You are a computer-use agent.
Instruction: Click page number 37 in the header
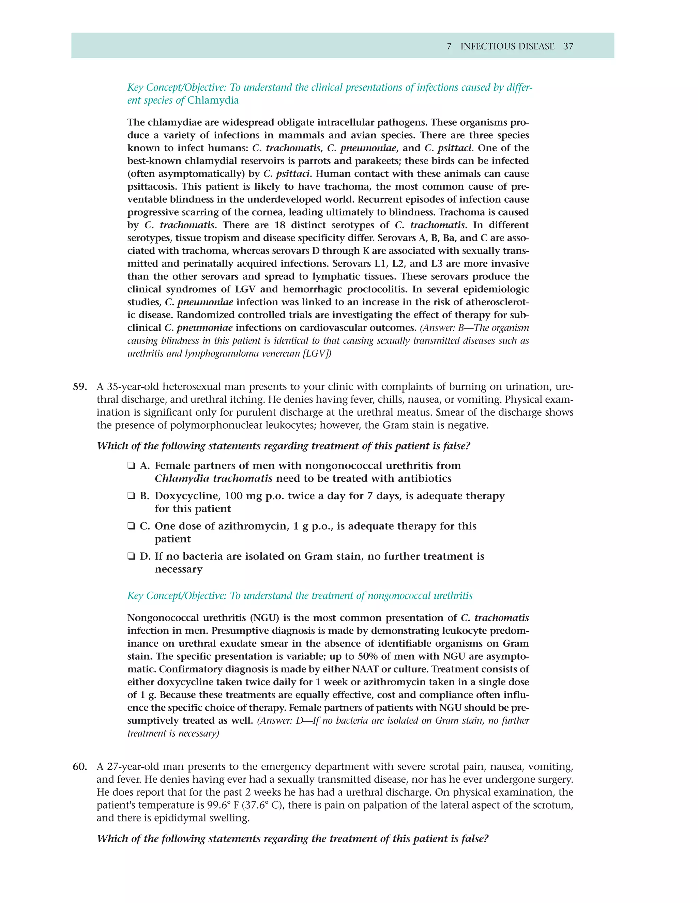pos(568,46)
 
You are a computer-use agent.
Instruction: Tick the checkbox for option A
pos(131,465)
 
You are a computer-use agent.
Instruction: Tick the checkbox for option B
pos(131,496)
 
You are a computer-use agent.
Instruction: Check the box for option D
pos(131,556)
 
